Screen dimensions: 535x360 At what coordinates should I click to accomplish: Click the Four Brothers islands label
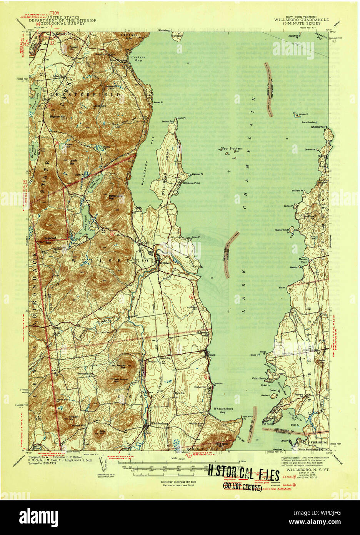(232, 148)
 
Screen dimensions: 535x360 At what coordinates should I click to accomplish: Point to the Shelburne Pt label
(319, 127)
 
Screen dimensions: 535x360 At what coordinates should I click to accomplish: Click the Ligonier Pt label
(197, 174)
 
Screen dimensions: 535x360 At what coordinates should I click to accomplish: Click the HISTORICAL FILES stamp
(243, 476)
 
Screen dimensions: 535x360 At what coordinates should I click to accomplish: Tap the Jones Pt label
(196, 237)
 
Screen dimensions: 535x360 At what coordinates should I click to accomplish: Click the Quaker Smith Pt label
(282, 230)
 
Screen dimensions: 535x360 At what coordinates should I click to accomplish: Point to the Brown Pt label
(158, 102)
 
